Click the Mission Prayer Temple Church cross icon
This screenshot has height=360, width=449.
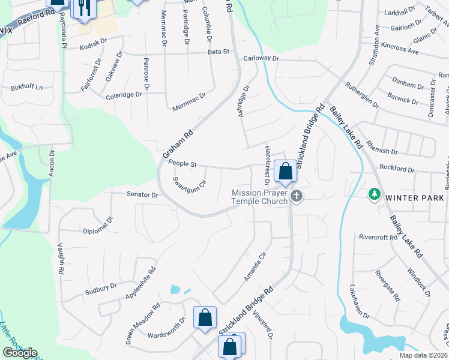(x=296, y=196)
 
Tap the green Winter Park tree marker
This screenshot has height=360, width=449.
(x=375, y=194)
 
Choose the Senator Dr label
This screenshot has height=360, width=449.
(x=142, y=195)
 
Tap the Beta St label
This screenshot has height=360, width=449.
(x=218, y=52)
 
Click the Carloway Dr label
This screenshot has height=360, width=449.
(x=262, y=59)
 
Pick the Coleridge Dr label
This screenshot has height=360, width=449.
(x=124, y=95)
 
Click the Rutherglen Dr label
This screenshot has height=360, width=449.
(x=361, y=95)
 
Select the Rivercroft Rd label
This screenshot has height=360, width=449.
(x=378, y=238)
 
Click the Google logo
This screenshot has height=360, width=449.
(x=20, y=353)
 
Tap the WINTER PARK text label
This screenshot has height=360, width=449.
(x=414, y=198)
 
